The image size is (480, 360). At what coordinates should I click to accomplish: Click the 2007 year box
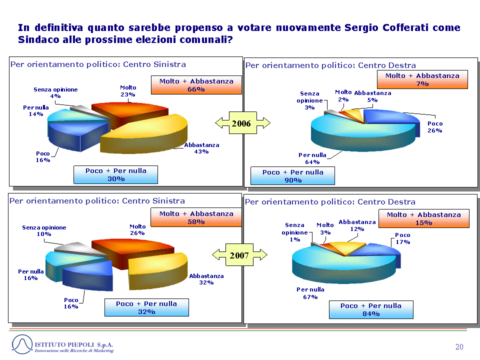coord(239,254)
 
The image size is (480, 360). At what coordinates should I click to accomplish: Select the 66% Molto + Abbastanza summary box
coord(196,85)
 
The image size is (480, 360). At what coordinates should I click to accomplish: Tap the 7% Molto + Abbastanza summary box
coord(422,79)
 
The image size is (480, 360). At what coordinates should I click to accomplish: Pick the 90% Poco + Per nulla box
coord(292,175)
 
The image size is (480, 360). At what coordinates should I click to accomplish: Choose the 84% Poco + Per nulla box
coord(371,309)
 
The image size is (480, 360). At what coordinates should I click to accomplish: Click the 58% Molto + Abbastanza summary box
coord(196,217)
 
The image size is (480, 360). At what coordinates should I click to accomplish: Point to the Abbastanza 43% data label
coord(201,148)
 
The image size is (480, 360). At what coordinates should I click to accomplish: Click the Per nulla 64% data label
coord(312,158)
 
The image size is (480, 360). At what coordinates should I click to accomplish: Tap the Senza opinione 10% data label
coord(44,231)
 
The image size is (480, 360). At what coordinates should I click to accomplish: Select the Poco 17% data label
coord(402,238)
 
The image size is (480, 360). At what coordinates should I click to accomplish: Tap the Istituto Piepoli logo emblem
coord(22,344)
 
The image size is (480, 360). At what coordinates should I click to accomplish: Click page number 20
coord(459,347)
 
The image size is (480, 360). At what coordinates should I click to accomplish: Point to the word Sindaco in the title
coord(38,40)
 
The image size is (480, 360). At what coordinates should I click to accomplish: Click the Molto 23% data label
coord(128,91)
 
